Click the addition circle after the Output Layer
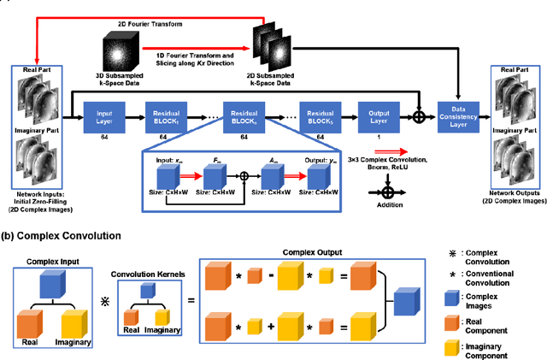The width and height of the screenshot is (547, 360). (419, 115)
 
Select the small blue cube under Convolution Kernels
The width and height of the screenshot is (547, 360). (148, 292)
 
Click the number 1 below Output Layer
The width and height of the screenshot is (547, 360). (379, 136)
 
